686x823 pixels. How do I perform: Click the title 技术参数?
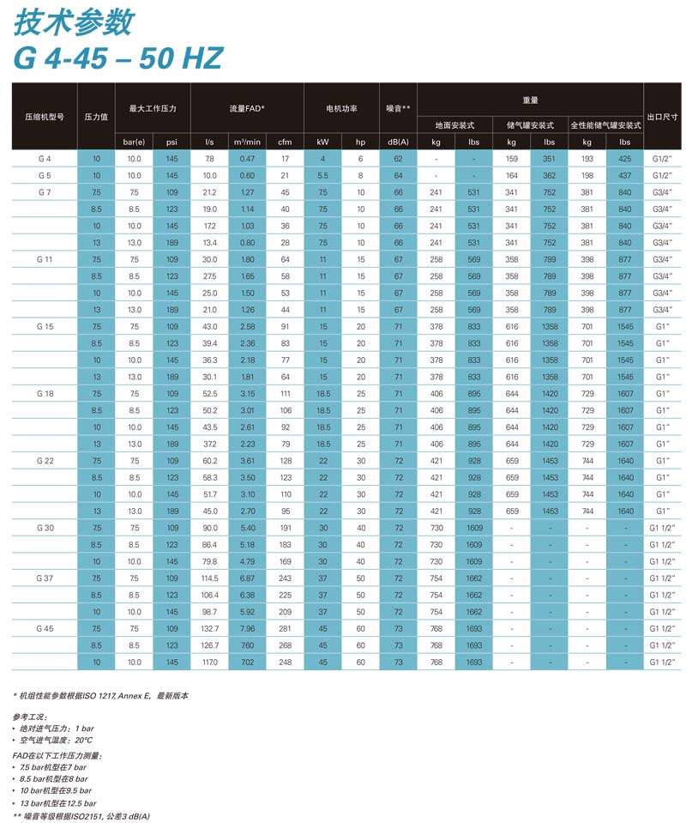tap(72, 22)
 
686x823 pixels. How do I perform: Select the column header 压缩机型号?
tap(44, 117)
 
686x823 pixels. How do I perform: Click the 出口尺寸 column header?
tap(662, 117)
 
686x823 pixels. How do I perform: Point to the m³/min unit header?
tap(247, 142)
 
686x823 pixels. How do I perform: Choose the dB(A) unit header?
tap(398, 142)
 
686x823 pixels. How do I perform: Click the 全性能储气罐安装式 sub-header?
tap(605, 125)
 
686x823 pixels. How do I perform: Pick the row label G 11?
tap(45, 259)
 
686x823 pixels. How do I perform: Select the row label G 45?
tap(45, 629)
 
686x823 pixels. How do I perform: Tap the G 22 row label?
tap(45, 461)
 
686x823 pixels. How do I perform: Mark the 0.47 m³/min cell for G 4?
tap(247, 159)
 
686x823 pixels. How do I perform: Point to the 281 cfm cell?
tap(285, 629)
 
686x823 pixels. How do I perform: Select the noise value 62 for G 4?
tap(398, 159)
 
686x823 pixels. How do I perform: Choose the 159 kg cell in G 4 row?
tap(512, 159)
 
